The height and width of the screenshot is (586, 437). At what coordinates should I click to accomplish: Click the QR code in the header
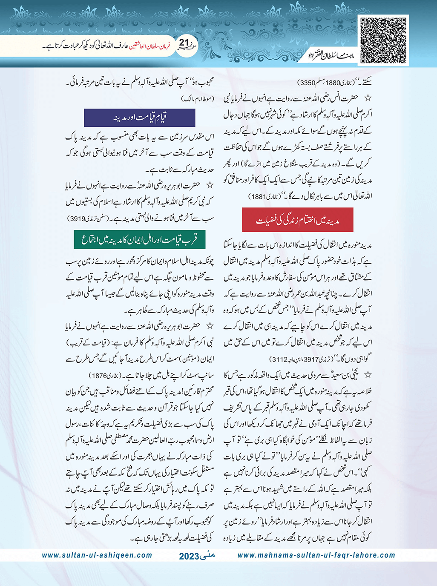tap(383, 40)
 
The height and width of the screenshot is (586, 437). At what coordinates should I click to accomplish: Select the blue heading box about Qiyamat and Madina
tap(140, 118)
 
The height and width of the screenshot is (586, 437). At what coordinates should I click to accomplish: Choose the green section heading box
tap(140, 239)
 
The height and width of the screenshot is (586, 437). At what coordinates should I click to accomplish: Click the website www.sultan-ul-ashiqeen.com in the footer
tap(97, 555)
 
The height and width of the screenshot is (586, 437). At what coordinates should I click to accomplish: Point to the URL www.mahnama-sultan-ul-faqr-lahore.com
tap(316, 555)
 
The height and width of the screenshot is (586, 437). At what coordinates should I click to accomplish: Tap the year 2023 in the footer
tap(189, 556)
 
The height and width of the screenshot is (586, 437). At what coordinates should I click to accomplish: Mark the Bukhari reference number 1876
tap(98, 376)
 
